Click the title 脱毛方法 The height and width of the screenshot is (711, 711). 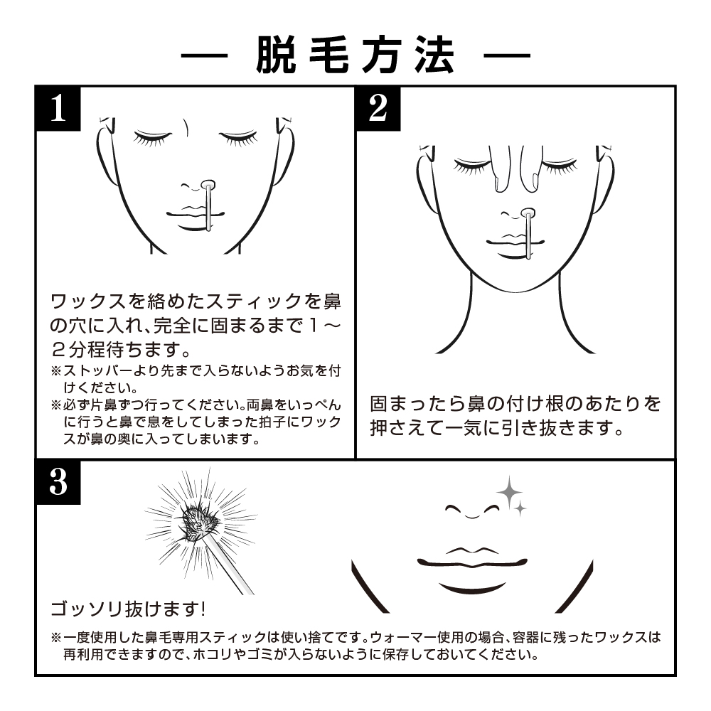(x=355, y=55)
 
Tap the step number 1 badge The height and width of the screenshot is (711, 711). (x=58, y=108)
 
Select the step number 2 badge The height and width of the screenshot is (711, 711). (x=378, y=108)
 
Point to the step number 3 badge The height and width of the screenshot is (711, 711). (x=58, y=482)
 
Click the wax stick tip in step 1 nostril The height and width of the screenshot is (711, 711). (x=208, y=185)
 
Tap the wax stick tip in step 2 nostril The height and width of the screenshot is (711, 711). (x=528, y=213)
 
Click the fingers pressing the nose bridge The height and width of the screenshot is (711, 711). (x=515, y=169)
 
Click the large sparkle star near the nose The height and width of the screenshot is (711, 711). (x=509, y=493)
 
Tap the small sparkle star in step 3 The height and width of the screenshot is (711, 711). (x=521, y=509)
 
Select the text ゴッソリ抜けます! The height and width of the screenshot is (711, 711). (x=128, y=609)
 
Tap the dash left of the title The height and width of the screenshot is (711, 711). (x=204, y=56)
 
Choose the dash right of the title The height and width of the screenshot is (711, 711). (x=507, y=56)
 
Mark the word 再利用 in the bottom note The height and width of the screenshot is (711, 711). (x=84, y=655)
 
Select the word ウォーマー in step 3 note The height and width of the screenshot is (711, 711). (x=403, y=638)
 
